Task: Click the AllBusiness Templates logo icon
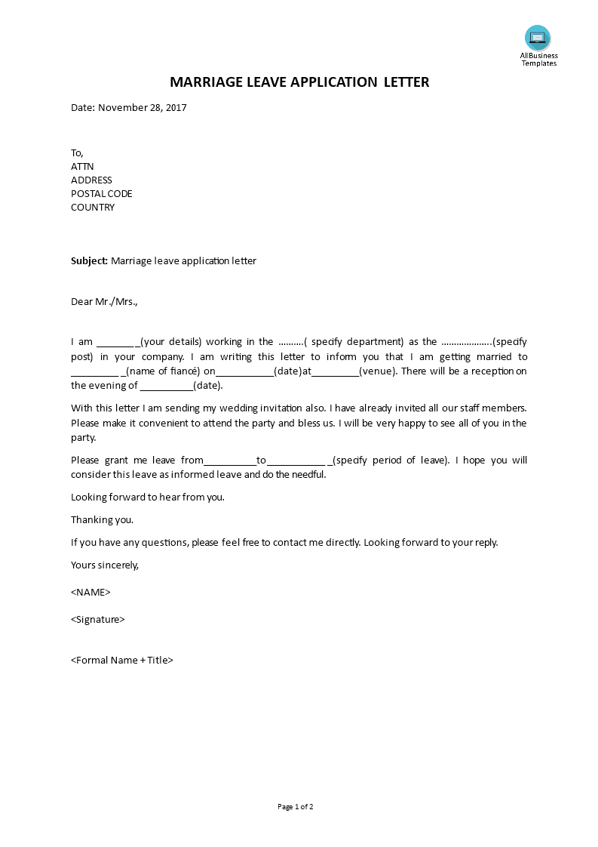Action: [x=538, y=38]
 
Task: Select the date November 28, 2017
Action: [x=142, y=107]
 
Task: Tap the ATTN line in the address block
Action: [x=82, y=167]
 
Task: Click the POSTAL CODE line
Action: [x=101, y=194]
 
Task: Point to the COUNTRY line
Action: [x=93, y=208]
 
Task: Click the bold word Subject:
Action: [x=89, y=261]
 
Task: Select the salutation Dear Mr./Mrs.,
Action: [x=104, y=302]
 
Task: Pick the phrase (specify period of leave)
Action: [x=391, y=460]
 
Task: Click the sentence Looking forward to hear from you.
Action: [x=148, y=497]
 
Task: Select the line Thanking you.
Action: [x=102, y=520]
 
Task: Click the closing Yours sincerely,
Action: [x=105, y=565]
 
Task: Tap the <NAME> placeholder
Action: [x=90, y=592]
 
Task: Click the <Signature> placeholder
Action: [x=97, y=620]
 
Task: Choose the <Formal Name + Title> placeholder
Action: [x=122, y=660]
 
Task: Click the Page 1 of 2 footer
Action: [x=295, y=807]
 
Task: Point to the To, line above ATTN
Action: [x=77, y=153]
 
